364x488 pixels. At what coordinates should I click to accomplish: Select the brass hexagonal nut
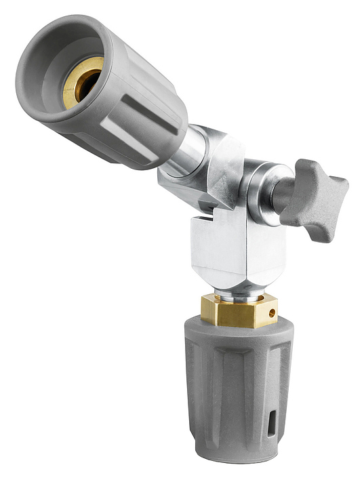click(237, 310)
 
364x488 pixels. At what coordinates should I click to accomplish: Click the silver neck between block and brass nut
click(234, 293)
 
